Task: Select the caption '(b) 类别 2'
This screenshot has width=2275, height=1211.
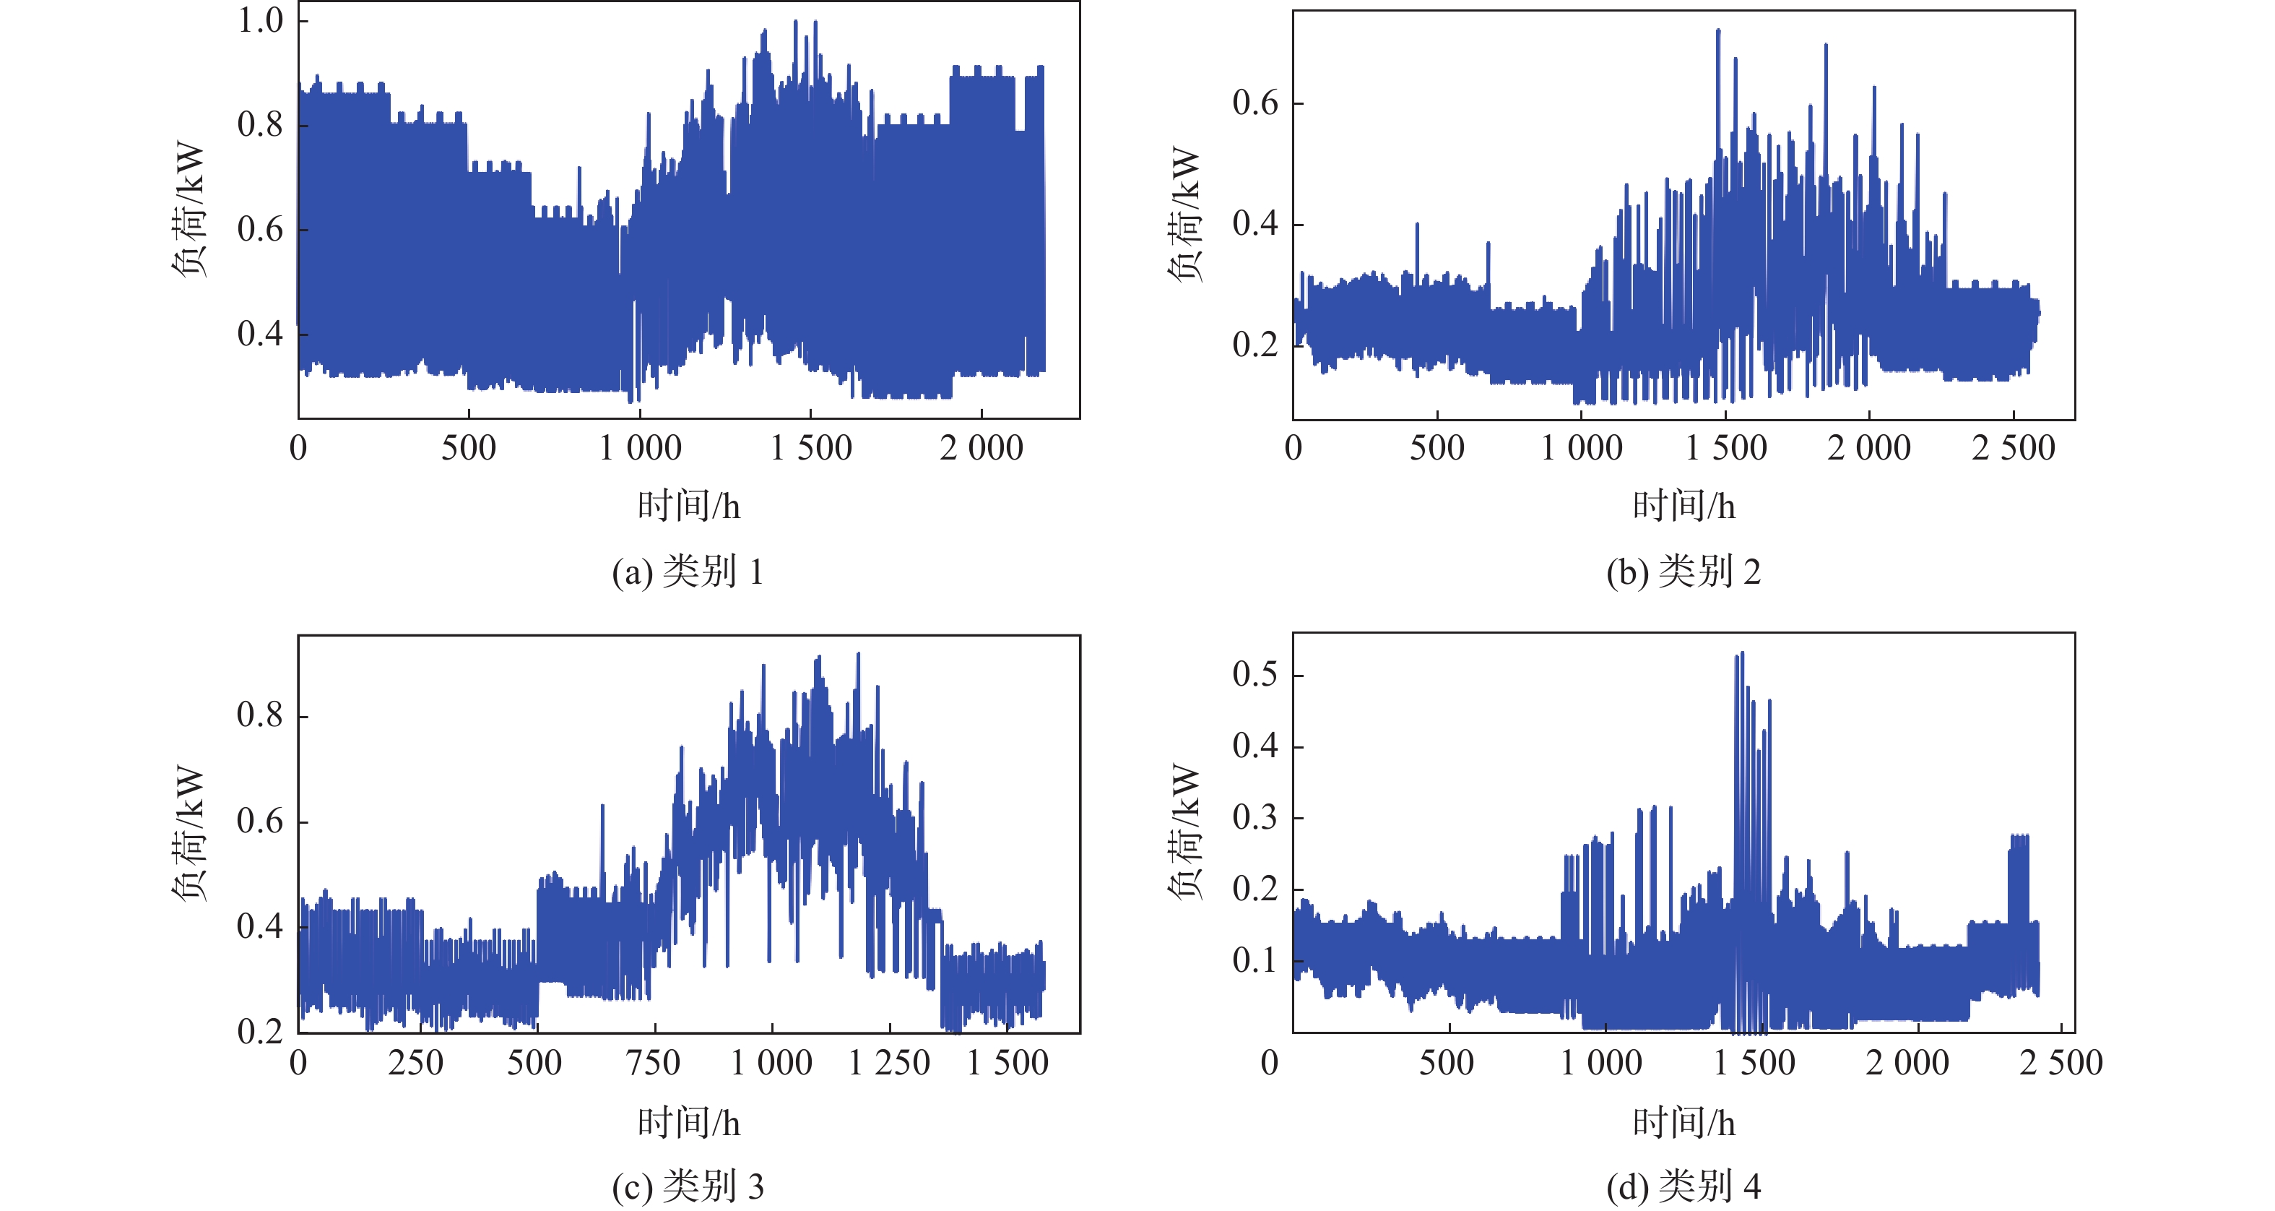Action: point(1683,572)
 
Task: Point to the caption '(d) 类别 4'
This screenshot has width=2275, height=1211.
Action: point(1683,1186)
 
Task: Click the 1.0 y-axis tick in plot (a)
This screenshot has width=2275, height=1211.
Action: point(261,20)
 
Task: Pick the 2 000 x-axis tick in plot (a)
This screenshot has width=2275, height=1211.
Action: point(981,449)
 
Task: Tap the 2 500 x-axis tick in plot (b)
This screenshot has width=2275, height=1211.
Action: point(2014,449)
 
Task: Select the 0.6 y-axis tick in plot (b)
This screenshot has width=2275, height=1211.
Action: point(1255,103)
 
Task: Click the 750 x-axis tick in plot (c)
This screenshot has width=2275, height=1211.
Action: point(654,1063)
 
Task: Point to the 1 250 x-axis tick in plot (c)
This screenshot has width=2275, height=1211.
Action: point(889,1063)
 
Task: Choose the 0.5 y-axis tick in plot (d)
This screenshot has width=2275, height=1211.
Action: point(1255,675)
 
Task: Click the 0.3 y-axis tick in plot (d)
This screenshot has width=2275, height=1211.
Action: point(1255,818)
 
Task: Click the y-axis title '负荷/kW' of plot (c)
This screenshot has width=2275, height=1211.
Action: point(190,832)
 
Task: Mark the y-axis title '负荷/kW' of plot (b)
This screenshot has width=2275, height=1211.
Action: point(1185,214)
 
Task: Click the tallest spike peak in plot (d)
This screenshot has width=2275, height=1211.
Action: point(1741,654)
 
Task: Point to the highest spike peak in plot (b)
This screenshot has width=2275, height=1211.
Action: point(1717,31)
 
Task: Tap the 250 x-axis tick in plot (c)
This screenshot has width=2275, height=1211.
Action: point(416,1063)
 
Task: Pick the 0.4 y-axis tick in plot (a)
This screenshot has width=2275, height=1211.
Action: point(261,334)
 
